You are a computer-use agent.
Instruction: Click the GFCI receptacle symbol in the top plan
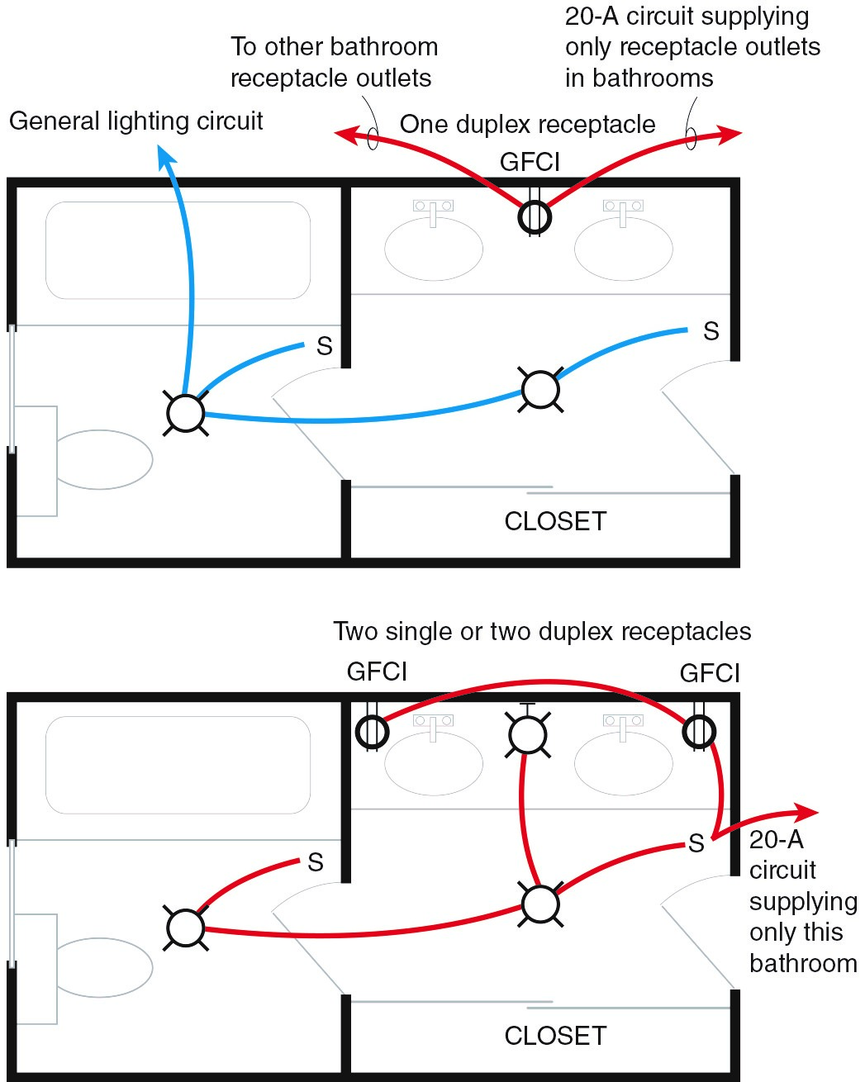pos(535,217)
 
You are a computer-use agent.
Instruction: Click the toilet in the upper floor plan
pos(102,459)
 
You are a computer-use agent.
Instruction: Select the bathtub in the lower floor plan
pos(178,765)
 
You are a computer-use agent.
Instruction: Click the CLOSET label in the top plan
pos(555,521)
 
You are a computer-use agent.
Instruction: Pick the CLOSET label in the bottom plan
pos(555,1036)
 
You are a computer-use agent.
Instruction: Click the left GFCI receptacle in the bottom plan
pos(372,731)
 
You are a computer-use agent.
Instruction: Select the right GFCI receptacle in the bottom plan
pos(699,731)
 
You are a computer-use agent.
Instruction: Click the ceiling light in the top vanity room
pos(541,389)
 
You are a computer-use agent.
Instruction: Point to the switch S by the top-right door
pos(711,332)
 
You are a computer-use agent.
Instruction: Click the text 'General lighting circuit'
pos(136,121)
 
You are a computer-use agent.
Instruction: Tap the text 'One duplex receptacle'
pos(527,125)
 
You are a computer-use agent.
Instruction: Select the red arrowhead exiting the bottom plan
pos(806,811)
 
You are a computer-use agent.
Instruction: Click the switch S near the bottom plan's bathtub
pos(315,863)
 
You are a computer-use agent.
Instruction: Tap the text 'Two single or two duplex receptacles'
pos(542,632)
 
